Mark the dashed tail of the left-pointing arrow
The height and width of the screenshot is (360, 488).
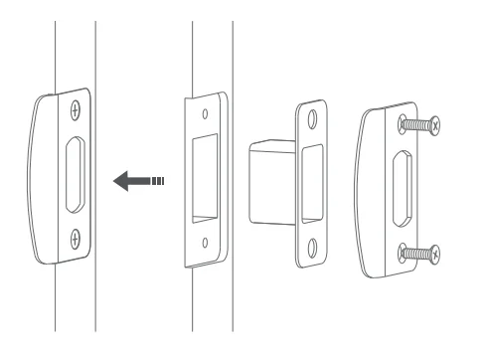154,182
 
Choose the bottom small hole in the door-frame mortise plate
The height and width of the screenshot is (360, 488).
205,242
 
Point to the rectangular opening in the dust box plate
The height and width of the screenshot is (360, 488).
312,180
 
